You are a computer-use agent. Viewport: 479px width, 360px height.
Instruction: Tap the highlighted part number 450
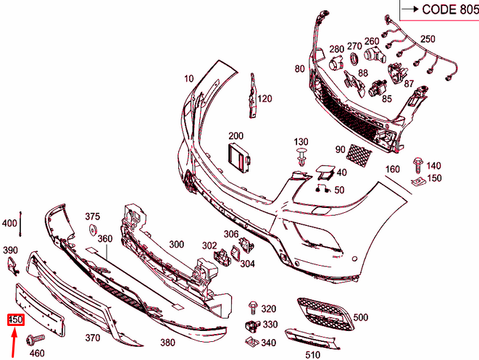click(15, 320)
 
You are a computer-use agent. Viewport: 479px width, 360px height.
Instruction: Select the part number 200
click(236, 136)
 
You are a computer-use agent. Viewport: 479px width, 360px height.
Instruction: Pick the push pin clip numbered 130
click(301, 157)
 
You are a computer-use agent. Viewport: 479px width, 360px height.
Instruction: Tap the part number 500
click(360, 317)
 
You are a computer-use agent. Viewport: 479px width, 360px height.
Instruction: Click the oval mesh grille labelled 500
click(323, 312)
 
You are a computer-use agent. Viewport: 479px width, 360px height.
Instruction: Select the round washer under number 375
click(93, 231)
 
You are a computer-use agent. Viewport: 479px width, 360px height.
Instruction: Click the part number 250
click(428, 39)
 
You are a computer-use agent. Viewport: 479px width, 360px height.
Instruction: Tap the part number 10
click(189, 78)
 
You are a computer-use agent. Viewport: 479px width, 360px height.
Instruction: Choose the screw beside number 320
click(253, 308)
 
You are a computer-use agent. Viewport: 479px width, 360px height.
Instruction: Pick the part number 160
click(392, 169)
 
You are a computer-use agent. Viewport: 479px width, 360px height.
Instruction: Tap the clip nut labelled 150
click(418, 180)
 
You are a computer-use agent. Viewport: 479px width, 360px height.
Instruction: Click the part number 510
click(312, 354)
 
